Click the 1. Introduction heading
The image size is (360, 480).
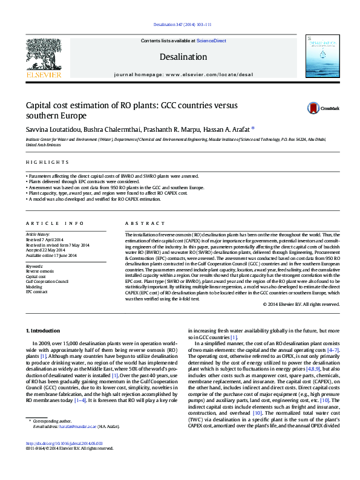point(45,331)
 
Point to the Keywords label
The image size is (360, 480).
point(35,266)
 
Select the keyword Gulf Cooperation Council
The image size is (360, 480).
point(47,281)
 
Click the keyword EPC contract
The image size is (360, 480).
point(38,291)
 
